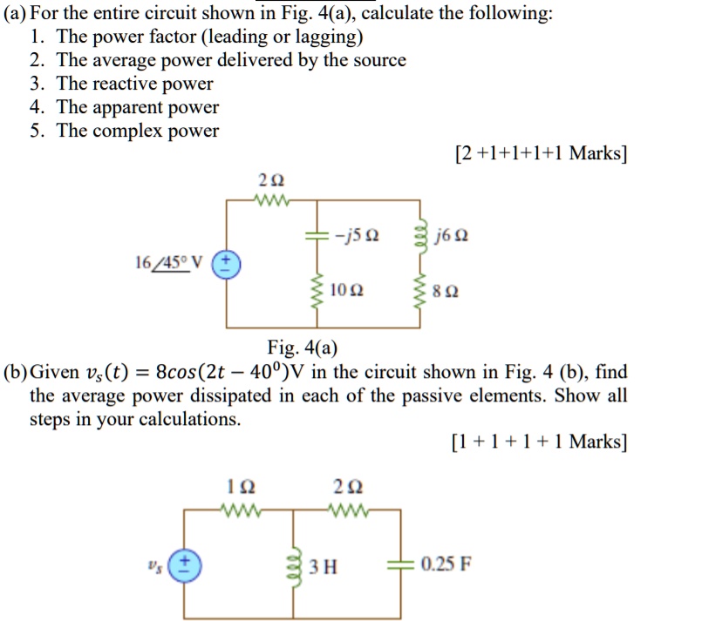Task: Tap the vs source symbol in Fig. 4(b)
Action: pos(181,564)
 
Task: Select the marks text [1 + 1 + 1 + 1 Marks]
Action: pos(538,442)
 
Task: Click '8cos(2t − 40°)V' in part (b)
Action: pos(258,373)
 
